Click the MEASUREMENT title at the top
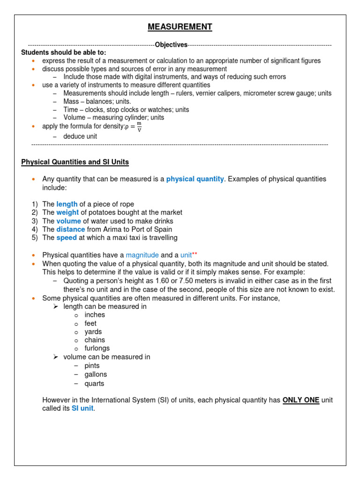pyautogui.click(x=180, y=27)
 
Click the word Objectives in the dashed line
pyautogui.click(x=171, y=45)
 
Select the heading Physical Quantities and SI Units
pyautogui.click(x=75, y=162)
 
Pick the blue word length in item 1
pyautogui.click(x=67, y=204)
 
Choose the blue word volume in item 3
pyautogui.click(x=68, y=221)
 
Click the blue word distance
pyautogui.click(x=70, y=230)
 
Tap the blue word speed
pyautogui.click(x=67, y=238)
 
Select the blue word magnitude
pyautogui.click(x=142, y=255)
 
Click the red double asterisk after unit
pyautogui.click(x=195, y=255)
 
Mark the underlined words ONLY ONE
pyautogui.click(x=301, y=400)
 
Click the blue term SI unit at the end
pyautogui.click(x=82, y=409)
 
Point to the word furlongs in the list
pyautogui.click(x=97, y=348)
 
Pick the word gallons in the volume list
pyautogui.click(x=96, y=375)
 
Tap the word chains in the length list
pyautogui.click(x=95, y=340)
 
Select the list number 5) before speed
pyautogui.click(x=35, y=238)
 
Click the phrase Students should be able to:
pyautogui.click(x=64, y=52)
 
